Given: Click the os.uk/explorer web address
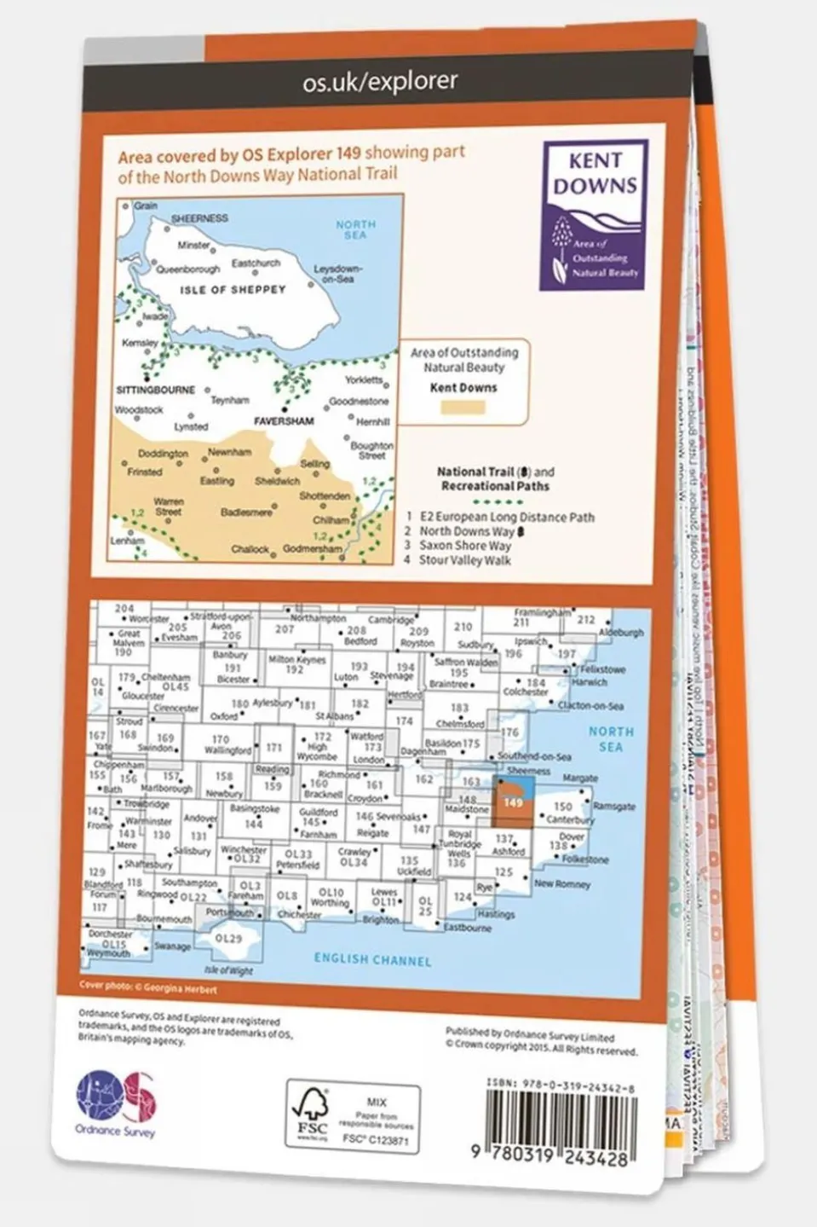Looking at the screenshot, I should [x=380, y=82].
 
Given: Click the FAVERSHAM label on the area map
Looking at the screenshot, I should [x=284, y=421].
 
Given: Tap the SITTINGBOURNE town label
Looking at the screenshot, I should [x=155, y=390].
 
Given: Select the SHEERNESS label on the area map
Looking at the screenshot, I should [x=199, y=218].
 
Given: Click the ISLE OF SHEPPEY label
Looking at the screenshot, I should [x=233, y=290].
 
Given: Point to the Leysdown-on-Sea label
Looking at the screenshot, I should [x=338, y=273].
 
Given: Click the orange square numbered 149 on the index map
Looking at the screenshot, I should [x=513, y=802].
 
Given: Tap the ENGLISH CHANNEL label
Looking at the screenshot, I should [x=372, y=959].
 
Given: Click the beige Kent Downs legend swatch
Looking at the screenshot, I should [x=463, y=407].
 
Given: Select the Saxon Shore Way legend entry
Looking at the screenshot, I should [x=464, y=546].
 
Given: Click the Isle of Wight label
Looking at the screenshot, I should [x=229, y=970].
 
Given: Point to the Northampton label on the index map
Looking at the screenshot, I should [x=318, y=618].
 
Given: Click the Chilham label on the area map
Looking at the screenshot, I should [x=331, y=519].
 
